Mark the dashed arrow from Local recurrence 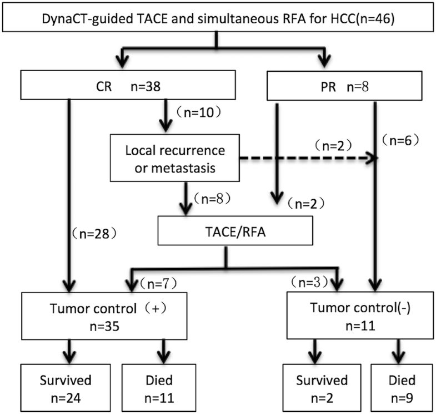[305, 159]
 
